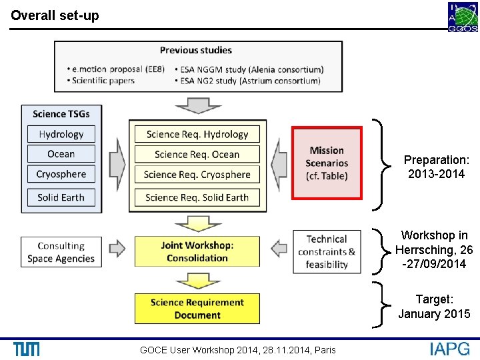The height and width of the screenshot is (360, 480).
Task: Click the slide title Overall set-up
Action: click(55, 15)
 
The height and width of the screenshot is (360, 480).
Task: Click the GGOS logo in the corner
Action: click(462, 17)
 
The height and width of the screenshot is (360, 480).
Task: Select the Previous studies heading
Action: click(195, 51)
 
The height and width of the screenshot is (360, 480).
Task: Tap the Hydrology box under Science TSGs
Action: click(61, 134)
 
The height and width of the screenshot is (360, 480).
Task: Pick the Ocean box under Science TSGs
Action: click(61, 154)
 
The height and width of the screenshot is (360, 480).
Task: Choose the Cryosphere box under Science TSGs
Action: click(61, 174)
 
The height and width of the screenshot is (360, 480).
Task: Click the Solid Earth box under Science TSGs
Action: click(61, 197)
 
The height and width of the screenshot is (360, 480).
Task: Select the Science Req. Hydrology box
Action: click(197, 134)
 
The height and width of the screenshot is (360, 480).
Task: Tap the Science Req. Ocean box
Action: click(197, 154)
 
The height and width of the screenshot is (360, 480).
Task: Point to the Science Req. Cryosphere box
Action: click(197, 175)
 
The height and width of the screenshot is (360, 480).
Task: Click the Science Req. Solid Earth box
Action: click(197, 197)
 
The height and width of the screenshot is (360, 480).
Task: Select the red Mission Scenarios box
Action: click(327, 163)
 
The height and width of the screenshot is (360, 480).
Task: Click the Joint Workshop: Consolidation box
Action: click(197, 251)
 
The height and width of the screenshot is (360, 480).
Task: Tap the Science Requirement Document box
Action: click(197, 309)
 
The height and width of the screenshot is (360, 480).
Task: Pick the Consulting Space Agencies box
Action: click(61, 252)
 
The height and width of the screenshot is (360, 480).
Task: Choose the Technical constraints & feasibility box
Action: click(327, 251)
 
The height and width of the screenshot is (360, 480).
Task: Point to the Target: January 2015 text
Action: click(434, 307)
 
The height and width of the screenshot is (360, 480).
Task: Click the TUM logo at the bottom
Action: click(26, 349)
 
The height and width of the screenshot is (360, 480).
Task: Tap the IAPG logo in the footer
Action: click(449, 349)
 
